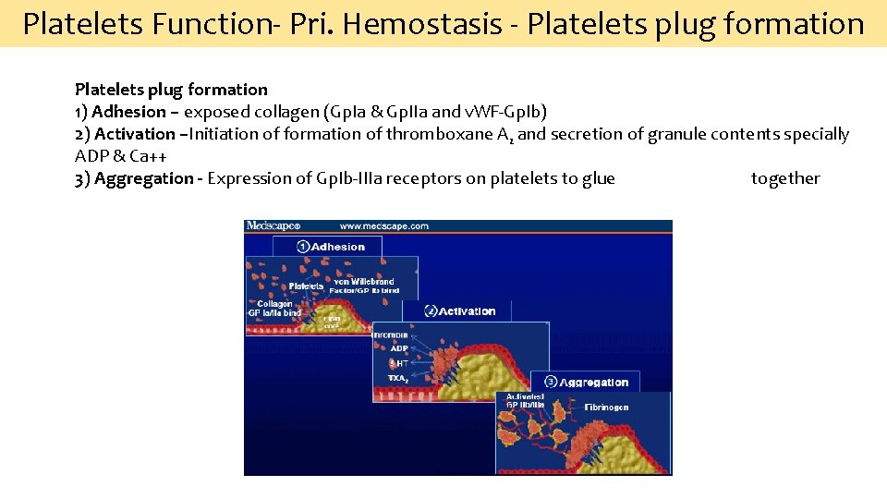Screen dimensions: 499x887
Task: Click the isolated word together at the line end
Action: [x=784, y=178]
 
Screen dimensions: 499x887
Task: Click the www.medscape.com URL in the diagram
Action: [x=383, y=225]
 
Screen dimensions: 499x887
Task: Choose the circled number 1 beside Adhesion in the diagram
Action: [x=302, y=247]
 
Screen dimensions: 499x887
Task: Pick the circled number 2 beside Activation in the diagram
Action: [x=430, y=311]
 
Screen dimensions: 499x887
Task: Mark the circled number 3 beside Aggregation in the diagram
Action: [x=550, y=382]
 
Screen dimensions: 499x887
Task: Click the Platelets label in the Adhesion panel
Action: [x=306, y=286]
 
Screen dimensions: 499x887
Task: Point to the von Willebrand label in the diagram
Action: [x=364, y=282]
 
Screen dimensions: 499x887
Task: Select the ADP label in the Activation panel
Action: [x=398, y=348]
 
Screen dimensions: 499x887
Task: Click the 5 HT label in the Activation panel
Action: [x=397, y=363]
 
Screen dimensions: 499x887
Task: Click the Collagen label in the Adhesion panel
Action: [x=275, y=303]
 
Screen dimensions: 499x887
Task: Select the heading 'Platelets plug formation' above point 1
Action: [x=171, y=90]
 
